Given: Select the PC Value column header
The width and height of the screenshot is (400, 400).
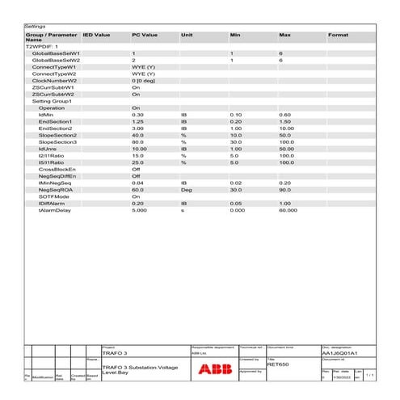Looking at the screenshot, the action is pyautogui.click(x=145, y=36).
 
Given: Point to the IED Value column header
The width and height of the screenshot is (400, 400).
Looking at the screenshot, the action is pyautogui.click(x=96, y=36).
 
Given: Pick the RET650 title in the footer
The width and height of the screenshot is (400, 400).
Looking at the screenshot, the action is pyautogui.click(x=278, y=364).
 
